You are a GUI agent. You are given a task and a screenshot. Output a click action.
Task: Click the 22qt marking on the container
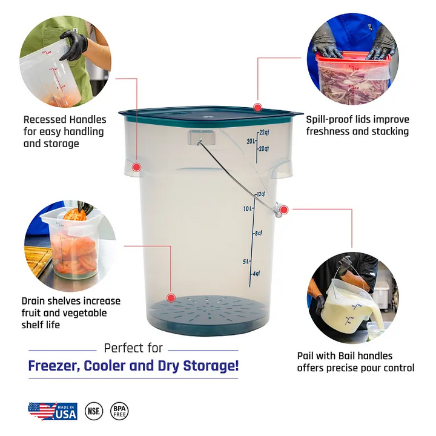click(x=264, y=132)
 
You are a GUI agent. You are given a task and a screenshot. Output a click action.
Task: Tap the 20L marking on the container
click(x=251, y=141)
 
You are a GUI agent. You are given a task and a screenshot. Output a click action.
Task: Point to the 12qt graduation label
click(x=261, y=194)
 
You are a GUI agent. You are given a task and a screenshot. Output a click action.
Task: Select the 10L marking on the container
click(x=248, y=208)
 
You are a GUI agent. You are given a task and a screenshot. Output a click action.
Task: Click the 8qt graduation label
click(x=259, y=233)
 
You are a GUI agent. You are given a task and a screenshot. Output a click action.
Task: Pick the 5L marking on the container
click(x=246, y=262)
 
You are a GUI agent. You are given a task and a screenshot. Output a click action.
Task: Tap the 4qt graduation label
click(x=256, y=273)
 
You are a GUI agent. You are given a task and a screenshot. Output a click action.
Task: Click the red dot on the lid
click(x=258, y=107)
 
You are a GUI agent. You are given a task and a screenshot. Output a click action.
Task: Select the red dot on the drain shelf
click(x=171, y=298)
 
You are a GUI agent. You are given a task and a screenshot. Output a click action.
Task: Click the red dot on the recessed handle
click(x=136, y=167)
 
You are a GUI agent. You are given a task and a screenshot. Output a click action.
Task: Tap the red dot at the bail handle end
click(x=283, y=210)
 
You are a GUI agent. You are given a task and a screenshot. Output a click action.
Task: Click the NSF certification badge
click(x=94, y=411)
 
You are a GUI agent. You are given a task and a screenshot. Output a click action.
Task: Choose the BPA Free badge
click(x=119, y=411)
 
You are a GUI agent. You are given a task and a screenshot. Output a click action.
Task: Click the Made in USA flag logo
click(x=53, y=411)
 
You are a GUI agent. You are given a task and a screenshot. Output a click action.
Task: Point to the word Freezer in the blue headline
click(x=54, y=366)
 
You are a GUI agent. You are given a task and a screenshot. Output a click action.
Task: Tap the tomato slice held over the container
click(x=75, y=214)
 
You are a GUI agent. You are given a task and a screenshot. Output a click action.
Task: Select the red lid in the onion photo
click(x=354, y=56)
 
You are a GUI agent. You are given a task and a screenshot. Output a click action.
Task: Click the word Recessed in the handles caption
click(x=45, y=119)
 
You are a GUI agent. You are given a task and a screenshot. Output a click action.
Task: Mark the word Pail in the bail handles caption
click(x=305, y=356)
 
